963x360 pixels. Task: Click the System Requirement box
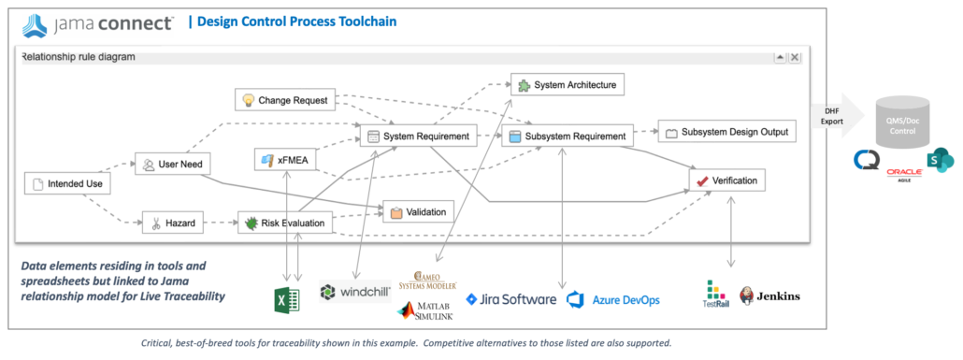[x=417, y=137]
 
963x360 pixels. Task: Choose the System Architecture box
[x=567, y=85]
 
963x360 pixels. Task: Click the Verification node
[x=727, y=180]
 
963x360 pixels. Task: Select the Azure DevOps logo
[x=612, y=299]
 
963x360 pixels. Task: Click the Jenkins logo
[x=769, y=296]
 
